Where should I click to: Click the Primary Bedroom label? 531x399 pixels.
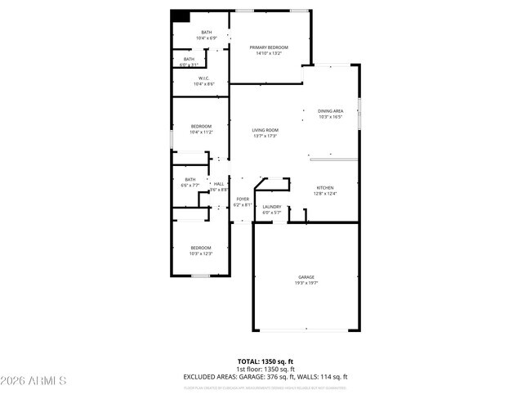pos(269,48)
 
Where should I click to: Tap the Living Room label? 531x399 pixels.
pos(265,130)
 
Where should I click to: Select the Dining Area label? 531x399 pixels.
pos(330,110)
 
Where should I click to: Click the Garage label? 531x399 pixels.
pos(306,277)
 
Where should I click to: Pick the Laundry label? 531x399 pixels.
pos(272,207)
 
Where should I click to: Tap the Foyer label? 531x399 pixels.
pos(243,199)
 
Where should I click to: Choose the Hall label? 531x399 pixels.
pos(218,184)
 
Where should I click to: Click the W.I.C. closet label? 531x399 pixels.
pos(204,78)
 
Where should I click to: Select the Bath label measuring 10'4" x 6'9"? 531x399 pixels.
pos(206,33)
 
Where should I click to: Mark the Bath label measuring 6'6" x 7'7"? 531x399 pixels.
pos(190,180)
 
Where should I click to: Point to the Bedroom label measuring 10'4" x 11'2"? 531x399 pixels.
pos(201,127)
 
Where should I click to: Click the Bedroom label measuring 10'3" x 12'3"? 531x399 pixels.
pos(201,248)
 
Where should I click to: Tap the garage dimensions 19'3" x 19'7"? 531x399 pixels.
pos(306,283)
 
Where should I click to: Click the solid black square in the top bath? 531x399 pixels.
pos(181,16)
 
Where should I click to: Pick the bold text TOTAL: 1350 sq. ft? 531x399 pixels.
pos(265,361)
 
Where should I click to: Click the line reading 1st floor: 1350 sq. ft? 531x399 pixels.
pos(265,369)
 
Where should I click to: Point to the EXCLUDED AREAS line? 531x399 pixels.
pos(265,376)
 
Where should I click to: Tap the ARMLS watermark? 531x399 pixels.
pos(33,381)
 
